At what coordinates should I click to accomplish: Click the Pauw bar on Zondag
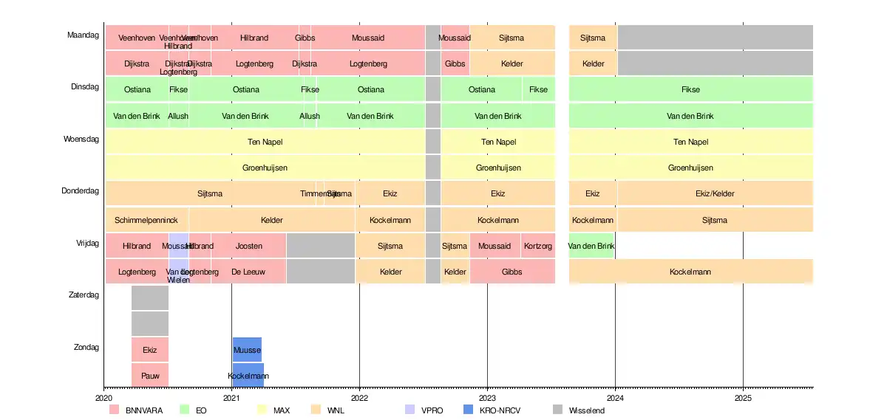(150, 375)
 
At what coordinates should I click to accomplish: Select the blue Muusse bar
(247, 349)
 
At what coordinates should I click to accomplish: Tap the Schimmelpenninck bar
(146, 220)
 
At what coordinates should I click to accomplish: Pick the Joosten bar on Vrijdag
(249, 246)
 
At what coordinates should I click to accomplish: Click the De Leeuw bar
(249, 272)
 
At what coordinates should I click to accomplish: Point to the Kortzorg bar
(537, 246)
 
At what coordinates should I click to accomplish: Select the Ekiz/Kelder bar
(715, 193)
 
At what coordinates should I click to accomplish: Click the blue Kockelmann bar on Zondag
(248, 375)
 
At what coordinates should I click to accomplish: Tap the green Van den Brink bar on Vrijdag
(591, 246)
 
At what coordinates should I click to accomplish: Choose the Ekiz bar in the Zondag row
(150, 349)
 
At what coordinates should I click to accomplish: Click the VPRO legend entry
(425, 410)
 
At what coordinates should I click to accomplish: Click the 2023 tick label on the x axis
(487, 397)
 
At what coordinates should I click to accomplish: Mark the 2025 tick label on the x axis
(743, 397)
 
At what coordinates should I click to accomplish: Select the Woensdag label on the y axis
(81, 139)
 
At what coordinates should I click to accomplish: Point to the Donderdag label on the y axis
(80, 191)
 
